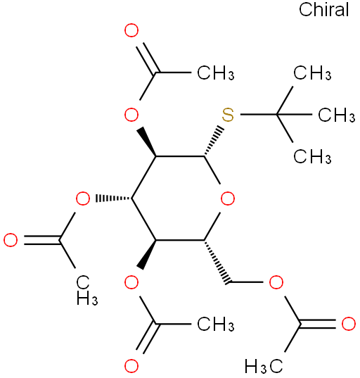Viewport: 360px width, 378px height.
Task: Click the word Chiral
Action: click(x=323, y=9)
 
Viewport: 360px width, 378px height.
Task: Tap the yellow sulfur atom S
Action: click(x=228, y=115)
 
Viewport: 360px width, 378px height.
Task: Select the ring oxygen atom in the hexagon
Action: click(x=228, y=199)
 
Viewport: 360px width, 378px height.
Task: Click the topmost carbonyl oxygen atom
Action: click(x=131, y=30)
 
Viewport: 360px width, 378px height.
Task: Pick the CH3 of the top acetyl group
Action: click(x=216, y=73)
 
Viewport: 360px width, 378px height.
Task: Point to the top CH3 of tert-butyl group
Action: click(x=312, y=73)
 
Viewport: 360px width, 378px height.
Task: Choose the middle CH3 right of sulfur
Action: click(x=336, y=115)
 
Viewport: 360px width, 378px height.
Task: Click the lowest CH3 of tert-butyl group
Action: click(x=312, y=156)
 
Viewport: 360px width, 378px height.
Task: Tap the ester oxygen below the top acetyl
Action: click(x=131, y=115)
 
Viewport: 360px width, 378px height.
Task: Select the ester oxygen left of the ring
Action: click(x=83, y=199)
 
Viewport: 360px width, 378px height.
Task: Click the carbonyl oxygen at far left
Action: click(x=11, y=240)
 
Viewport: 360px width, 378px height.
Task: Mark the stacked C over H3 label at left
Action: click(x=86, y=291)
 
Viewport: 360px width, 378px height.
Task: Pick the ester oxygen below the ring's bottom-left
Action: click(x=131, y=282)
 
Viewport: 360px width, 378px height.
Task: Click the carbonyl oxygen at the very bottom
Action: click(x=131, y=366)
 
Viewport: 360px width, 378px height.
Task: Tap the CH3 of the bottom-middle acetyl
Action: click(x=216, y=324)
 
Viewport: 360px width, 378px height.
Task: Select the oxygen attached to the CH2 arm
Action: click(x=276, y=282)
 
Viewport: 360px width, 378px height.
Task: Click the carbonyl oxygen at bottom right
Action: click(x=349, y=324)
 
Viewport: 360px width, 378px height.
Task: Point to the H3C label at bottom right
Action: click(x=264, y=367)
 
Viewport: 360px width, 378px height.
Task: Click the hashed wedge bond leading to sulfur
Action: click(x=213, y=141)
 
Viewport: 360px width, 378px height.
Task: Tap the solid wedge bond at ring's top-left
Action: click(x=147, y=141)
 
